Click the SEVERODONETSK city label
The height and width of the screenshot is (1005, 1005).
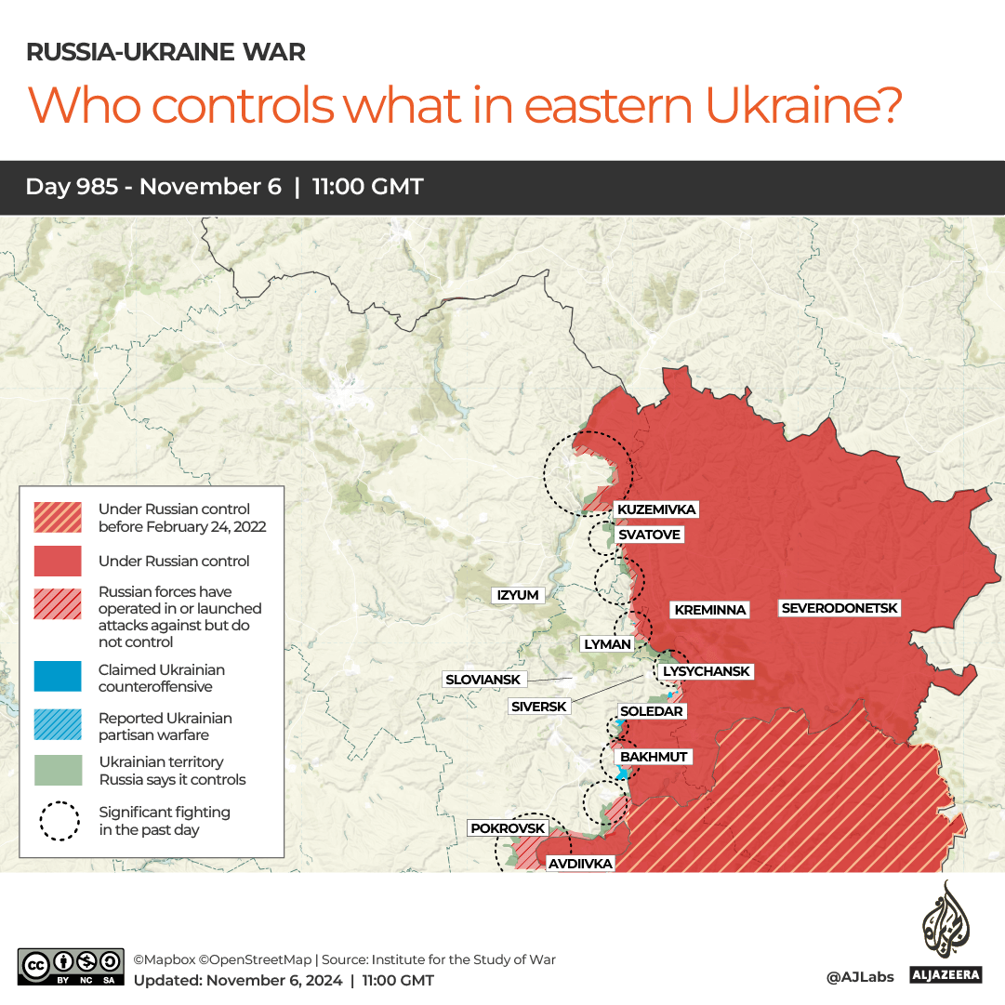(x=840, y=608)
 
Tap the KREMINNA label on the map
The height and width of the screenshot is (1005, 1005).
(x=710, y=610)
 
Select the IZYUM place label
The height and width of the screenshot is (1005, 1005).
(x=518, y=595)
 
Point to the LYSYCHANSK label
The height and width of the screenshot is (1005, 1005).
(x=706, y=671)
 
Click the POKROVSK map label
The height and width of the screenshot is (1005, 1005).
(x=509, y=828)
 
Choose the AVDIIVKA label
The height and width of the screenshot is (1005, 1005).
(x=580, y=864)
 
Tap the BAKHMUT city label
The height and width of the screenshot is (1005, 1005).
(x=654, y=757)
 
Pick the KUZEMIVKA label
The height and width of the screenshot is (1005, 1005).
(x=655, y=509)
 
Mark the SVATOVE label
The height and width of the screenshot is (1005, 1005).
(x=649, y=535)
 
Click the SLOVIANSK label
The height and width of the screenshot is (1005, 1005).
(x=483, y=680)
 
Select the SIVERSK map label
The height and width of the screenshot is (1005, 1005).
(x=539, y=707)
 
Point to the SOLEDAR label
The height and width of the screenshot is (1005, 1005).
(x=652, y=711)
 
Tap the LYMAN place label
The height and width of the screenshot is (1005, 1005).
(x=607, y=643)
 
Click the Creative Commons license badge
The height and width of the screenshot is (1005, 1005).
(x=71, y=967)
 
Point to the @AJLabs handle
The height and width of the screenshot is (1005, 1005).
(x=859, y=976)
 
